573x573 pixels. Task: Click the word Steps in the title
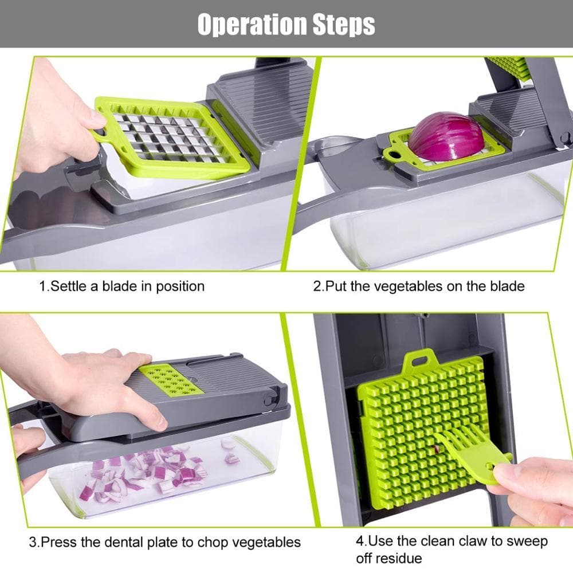click(x=342, y=25)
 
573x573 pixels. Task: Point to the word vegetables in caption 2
click(x=409, y=285)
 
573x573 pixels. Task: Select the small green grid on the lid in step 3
click(x=170, y=378)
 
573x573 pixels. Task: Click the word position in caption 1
click(x=180, y=285)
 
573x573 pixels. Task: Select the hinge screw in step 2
click(x=564, y=138)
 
